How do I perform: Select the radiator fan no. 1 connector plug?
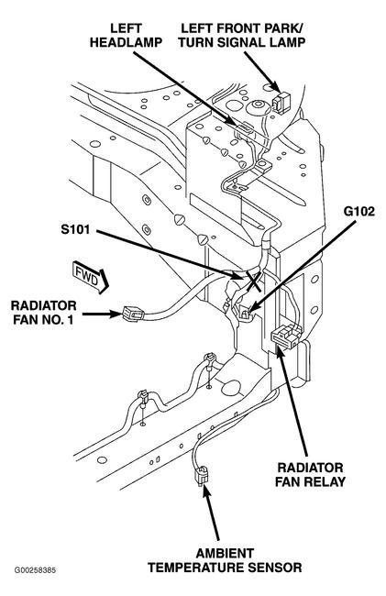[x=131, y=314]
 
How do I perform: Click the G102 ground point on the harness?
[x=246, y=313]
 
